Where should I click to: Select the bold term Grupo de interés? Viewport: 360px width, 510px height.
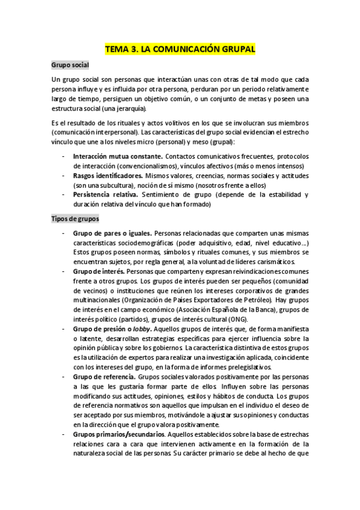[x=99, y=271]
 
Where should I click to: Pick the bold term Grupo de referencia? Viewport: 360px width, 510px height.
[x=105, y=376]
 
